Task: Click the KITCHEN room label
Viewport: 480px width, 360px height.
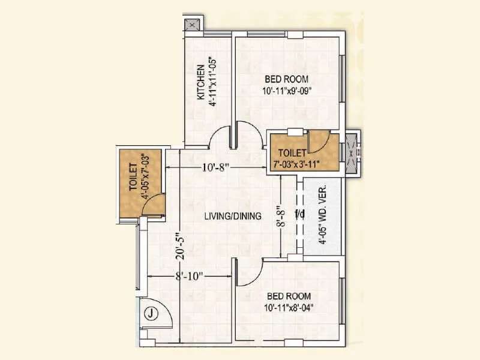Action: pyautogui.click(x=202, y=84)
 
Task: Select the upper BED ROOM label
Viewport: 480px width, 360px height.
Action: pyautogui.click(x=286, y=79)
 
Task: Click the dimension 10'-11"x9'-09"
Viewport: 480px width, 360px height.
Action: pyautogui.click(x=286, y=91)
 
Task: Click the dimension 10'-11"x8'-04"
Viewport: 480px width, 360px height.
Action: pyautogui.click(x=289, y=308)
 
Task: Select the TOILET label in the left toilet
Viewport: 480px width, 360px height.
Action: pyautogui.click(x=133, y=178)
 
